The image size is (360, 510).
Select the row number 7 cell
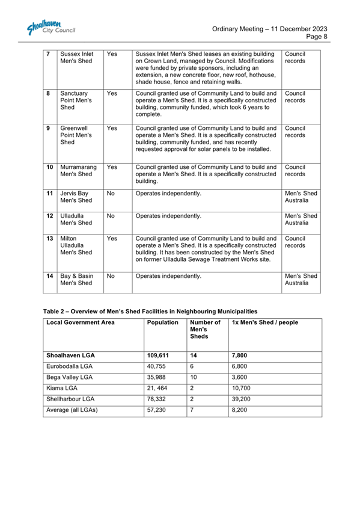49,54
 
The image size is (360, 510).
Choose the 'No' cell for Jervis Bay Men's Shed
110,194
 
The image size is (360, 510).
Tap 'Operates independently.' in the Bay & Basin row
169,277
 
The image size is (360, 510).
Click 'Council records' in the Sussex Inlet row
294,58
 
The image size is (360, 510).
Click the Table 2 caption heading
150,312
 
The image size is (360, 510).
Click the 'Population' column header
163,323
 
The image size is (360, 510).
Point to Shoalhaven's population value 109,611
159,355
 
